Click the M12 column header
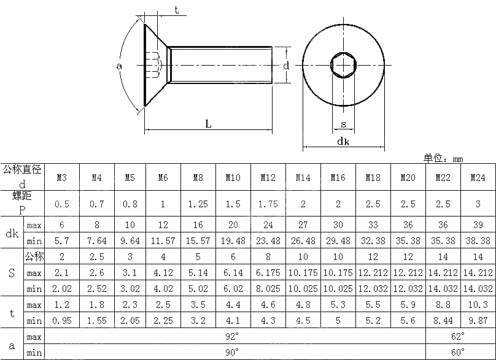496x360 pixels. coord(268,178)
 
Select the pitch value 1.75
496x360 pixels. coord(268,204)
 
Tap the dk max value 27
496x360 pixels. coord(303,225)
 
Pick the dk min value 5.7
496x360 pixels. coord(62,241)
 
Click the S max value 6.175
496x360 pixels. coord(268,273)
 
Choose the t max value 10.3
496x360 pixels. coord(478,305)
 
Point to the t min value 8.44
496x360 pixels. coord(443,321)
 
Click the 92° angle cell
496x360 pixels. coord(233,337)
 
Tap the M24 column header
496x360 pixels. coord(478,178)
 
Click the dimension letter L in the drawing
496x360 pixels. coord(208,124)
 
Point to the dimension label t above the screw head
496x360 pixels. coord(177,10)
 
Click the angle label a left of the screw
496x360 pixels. coord(119,65)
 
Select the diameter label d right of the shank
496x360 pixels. coord(286,65)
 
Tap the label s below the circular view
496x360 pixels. coord(343,124)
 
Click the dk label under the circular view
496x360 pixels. coord(343,141)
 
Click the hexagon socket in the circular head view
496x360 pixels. coord(343,64)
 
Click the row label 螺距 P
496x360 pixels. coord(22,203)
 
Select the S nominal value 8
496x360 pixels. coord(268,257)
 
